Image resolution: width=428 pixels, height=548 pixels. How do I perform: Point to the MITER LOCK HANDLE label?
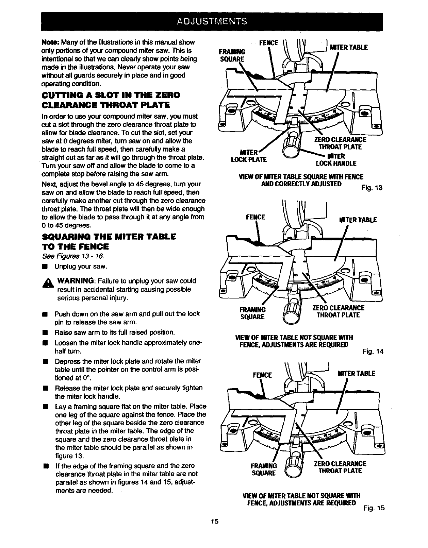tap(336, 160)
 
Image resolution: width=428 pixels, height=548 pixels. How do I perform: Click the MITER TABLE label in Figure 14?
tap(357, 220)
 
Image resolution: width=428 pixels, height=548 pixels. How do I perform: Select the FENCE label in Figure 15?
tap(263, 375)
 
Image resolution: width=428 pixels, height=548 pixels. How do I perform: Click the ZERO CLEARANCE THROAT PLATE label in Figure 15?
tap(340, 467)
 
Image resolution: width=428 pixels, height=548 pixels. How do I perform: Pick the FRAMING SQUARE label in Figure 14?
tap(252, 313)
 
